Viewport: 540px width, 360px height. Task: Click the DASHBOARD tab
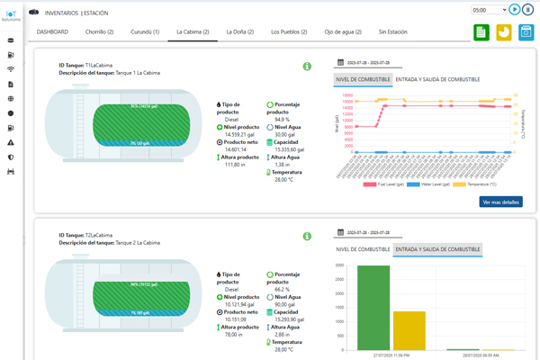coord(52,31)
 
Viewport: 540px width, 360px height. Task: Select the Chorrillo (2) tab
coord(98,31)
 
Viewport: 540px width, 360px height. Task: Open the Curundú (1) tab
coord(145,31)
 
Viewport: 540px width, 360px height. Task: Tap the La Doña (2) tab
coord(239,31)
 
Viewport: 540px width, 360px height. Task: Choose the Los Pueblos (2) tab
coord(289,31)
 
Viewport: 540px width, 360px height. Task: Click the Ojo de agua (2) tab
coord(343,31)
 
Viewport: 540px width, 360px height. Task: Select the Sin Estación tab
coord(393,31)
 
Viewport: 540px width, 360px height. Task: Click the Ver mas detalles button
coord(500,202)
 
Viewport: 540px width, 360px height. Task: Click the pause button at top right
coord(528,10)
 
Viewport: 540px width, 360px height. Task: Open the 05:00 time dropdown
coord(490,10)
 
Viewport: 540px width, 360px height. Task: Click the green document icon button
coord(481,32)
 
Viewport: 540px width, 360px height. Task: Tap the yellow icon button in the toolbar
coord(504,32)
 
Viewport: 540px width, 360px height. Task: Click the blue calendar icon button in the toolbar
coord(526,32)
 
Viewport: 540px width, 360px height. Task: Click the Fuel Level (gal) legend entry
coord(386,184)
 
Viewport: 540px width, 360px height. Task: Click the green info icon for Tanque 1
coord(307,67)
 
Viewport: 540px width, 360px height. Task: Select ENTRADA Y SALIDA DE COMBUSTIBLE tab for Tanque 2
coord(437,249)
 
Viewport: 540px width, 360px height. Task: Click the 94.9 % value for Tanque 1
coord(282,119)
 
